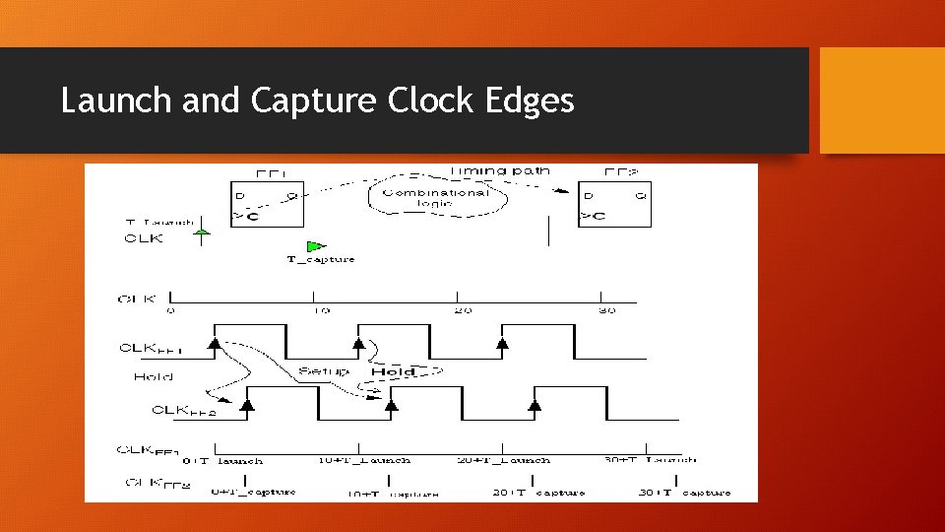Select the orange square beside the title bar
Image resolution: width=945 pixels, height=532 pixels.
[882, 100]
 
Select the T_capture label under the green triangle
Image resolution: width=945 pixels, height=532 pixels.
[321, 259]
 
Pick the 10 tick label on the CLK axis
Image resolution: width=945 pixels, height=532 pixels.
[320, 310]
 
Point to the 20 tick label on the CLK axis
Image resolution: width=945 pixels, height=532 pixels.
[463, 310]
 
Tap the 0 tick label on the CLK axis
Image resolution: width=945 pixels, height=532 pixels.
[171, 310]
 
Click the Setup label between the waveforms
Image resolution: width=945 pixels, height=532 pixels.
[323, 372]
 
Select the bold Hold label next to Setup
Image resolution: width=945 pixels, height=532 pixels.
[392, 372]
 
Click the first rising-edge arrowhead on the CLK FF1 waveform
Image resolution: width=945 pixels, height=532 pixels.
[214, 343]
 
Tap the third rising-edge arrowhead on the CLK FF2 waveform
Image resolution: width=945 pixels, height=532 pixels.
[535, 404]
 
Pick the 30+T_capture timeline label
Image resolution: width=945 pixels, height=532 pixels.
[685, 493]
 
